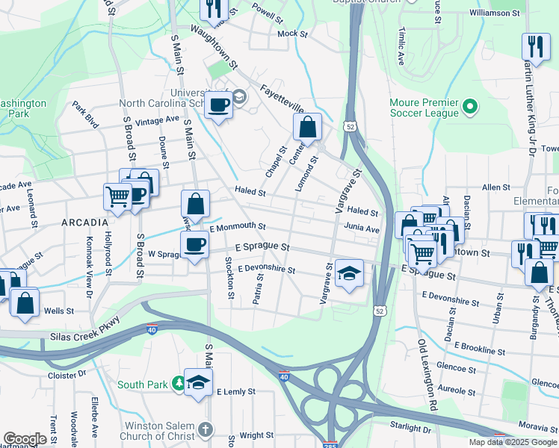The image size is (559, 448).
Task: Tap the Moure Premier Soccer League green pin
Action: [x=470, y=108]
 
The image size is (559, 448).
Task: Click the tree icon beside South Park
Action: [x=178, y=385]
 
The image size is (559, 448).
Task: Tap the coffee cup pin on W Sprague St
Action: [x=195, y=245]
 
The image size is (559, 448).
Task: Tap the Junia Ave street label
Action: [x=362, y=229]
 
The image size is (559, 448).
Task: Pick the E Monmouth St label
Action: [x=238, y=226]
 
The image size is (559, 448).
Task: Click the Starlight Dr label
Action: [x=410, y=426]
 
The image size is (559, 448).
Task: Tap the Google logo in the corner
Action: [x=25, y=439]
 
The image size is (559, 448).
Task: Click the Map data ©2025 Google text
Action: [x=513, y=442]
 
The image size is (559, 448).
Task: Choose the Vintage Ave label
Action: [x=158, y=119]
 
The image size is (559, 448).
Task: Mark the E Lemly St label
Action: [x=236, y=391]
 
